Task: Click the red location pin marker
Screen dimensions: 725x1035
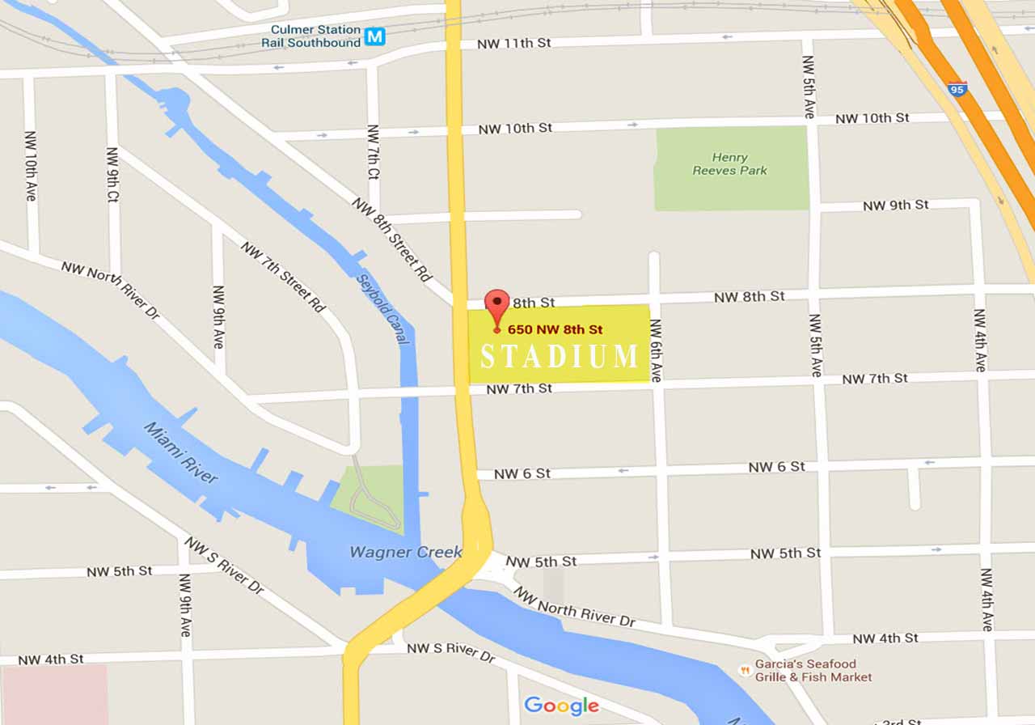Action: click(496, 307)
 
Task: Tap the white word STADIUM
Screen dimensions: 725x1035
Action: click(560, 357)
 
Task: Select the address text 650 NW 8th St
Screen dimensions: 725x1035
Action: click(556, 329)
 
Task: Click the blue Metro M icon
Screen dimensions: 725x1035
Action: click(374, 36)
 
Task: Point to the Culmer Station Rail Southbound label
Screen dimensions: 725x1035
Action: click(315, 36)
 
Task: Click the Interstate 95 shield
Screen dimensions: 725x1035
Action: click(957, 89)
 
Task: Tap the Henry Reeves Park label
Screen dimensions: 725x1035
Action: click(730, 164)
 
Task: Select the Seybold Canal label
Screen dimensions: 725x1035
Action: click(382, 308)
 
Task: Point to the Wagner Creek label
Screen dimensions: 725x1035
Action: click(405, 552)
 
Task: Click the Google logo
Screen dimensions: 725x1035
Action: click(561, 706)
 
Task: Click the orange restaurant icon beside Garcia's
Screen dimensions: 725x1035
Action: click(744, 670)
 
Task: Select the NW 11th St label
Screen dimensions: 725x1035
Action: click(513, 43)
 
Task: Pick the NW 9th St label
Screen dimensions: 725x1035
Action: click(895, 206)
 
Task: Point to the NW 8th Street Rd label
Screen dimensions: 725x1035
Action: click(392, 239)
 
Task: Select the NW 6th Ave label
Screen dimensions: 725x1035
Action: click(656, 350)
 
